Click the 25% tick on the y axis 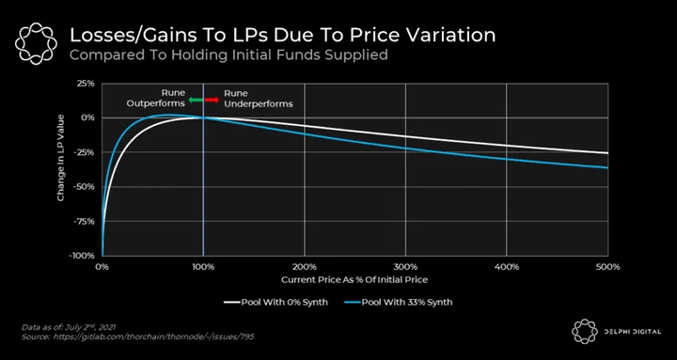coord(86,84)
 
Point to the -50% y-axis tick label coord(84,187)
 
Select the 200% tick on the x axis coord(305,267)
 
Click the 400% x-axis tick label coord(507,267)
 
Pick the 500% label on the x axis coord(607,267)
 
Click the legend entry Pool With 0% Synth coord(276,302)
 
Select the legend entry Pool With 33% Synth coord(398,302)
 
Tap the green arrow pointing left coord(196,101)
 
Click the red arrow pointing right coord(212,101)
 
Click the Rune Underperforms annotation coord(259,99)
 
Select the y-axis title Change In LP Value coord(61,158)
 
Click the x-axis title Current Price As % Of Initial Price coord(354,280)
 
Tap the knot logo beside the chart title coord(36,43)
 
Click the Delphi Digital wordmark coord(629,332)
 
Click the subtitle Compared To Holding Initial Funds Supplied coord(228,55)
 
